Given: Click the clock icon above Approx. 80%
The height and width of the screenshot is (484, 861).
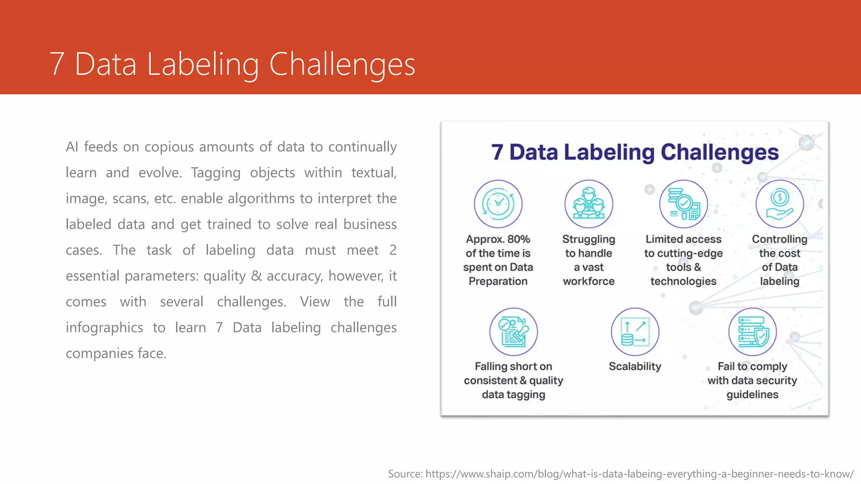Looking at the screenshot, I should click(498, 204).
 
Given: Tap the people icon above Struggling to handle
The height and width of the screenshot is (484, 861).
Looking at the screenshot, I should click(589, 204).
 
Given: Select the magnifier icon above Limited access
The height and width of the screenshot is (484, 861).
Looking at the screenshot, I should click(684, 204).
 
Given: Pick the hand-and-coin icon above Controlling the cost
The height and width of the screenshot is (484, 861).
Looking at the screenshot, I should click(779, 204).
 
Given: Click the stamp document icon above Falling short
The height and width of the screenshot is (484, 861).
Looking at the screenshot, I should click(513, 332).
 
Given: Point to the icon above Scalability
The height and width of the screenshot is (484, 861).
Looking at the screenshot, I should click(635, 332).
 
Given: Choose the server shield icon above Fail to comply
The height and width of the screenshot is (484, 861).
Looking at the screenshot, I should click(753, 332).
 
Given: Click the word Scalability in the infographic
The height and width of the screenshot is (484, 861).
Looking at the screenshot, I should click(635, 366).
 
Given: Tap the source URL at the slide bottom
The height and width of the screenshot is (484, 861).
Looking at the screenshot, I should click(639, 474).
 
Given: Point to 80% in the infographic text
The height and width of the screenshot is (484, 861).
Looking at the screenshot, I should click(519, 239).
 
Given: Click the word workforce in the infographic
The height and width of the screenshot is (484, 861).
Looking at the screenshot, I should click(589, 281).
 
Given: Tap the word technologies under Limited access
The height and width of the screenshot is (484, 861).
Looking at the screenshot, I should click(683, 281).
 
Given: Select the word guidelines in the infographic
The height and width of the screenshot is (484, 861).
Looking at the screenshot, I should click(752, 395).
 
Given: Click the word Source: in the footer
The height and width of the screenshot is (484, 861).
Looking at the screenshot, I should click(405, 474).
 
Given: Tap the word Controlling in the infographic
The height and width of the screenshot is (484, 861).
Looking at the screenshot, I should click(779, 239).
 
